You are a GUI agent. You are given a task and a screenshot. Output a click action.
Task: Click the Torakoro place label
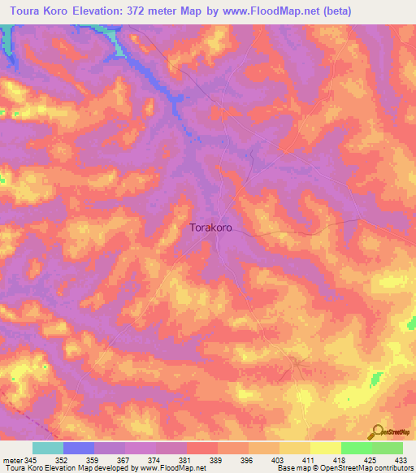point(210,228)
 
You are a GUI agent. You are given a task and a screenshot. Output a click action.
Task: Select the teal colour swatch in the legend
point(47,448)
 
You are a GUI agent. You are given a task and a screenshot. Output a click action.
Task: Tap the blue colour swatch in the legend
point(78,448)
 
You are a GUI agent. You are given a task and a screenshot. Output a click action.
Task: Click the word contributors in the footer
point(392,468)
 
